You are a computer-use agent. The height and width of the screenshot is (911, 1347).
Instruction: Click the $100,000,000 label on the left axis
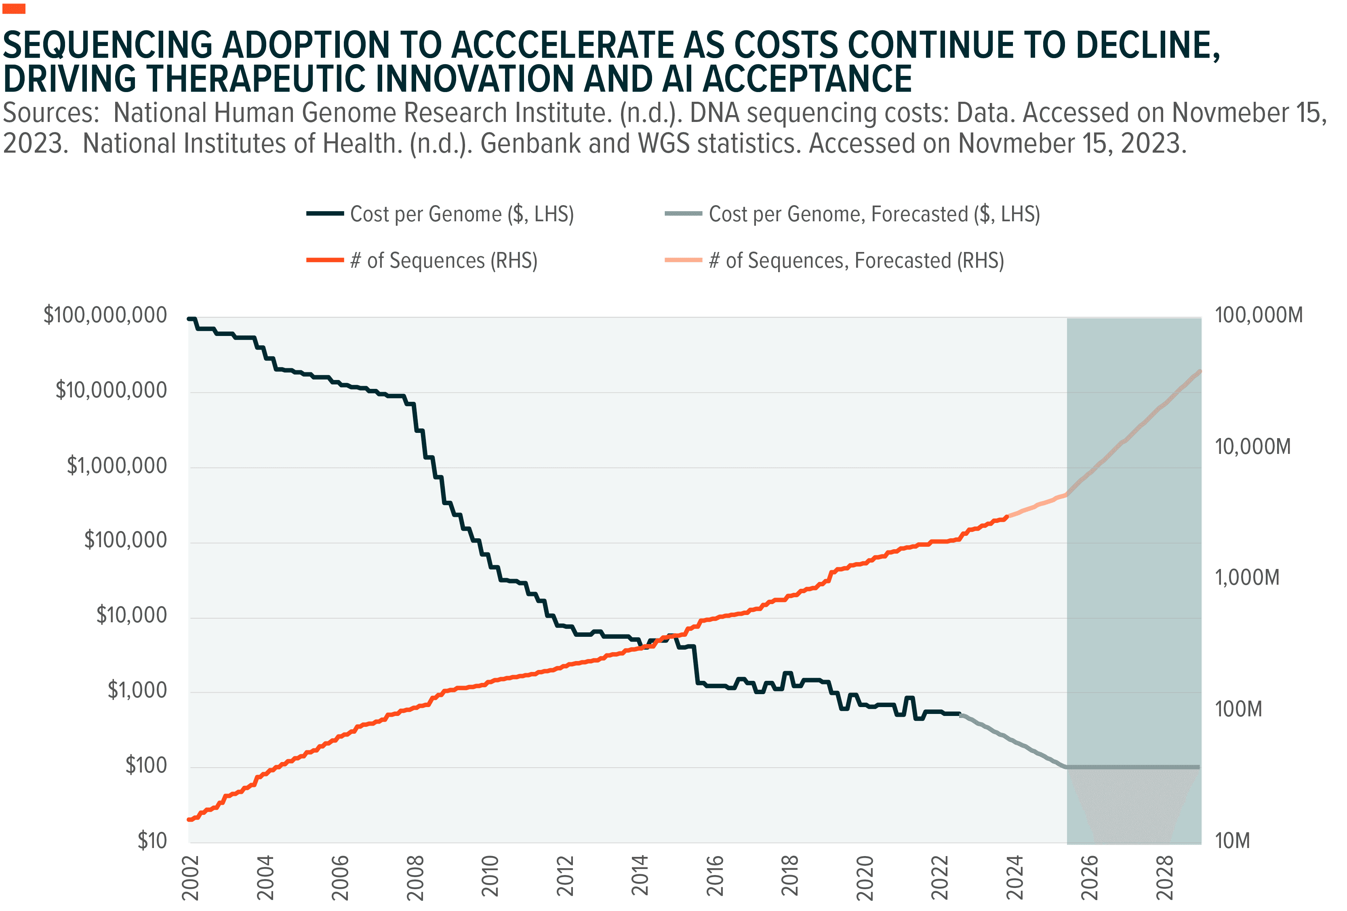(x=105, y=316)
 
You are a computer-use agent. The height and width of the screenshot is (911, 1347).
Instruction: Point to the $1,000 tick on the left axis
(x=137, y=691)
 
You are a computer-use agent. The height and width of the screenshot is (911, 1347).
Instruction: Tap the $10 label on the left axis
(x=152, y=840)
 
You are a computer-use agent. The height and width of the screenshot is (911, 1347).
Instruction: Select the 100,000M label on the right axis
(x=1259, y=316)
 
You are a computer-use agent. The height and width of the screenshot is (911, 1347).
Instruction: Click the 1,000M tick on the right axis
(x=1247, y=577)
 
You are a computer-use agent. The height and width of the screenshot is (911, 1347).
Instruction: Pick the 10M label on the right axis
(x=1232, y=840)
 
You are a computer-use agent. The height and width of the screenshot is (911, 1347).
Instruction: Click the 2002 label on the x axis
(x=190, y=877)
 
